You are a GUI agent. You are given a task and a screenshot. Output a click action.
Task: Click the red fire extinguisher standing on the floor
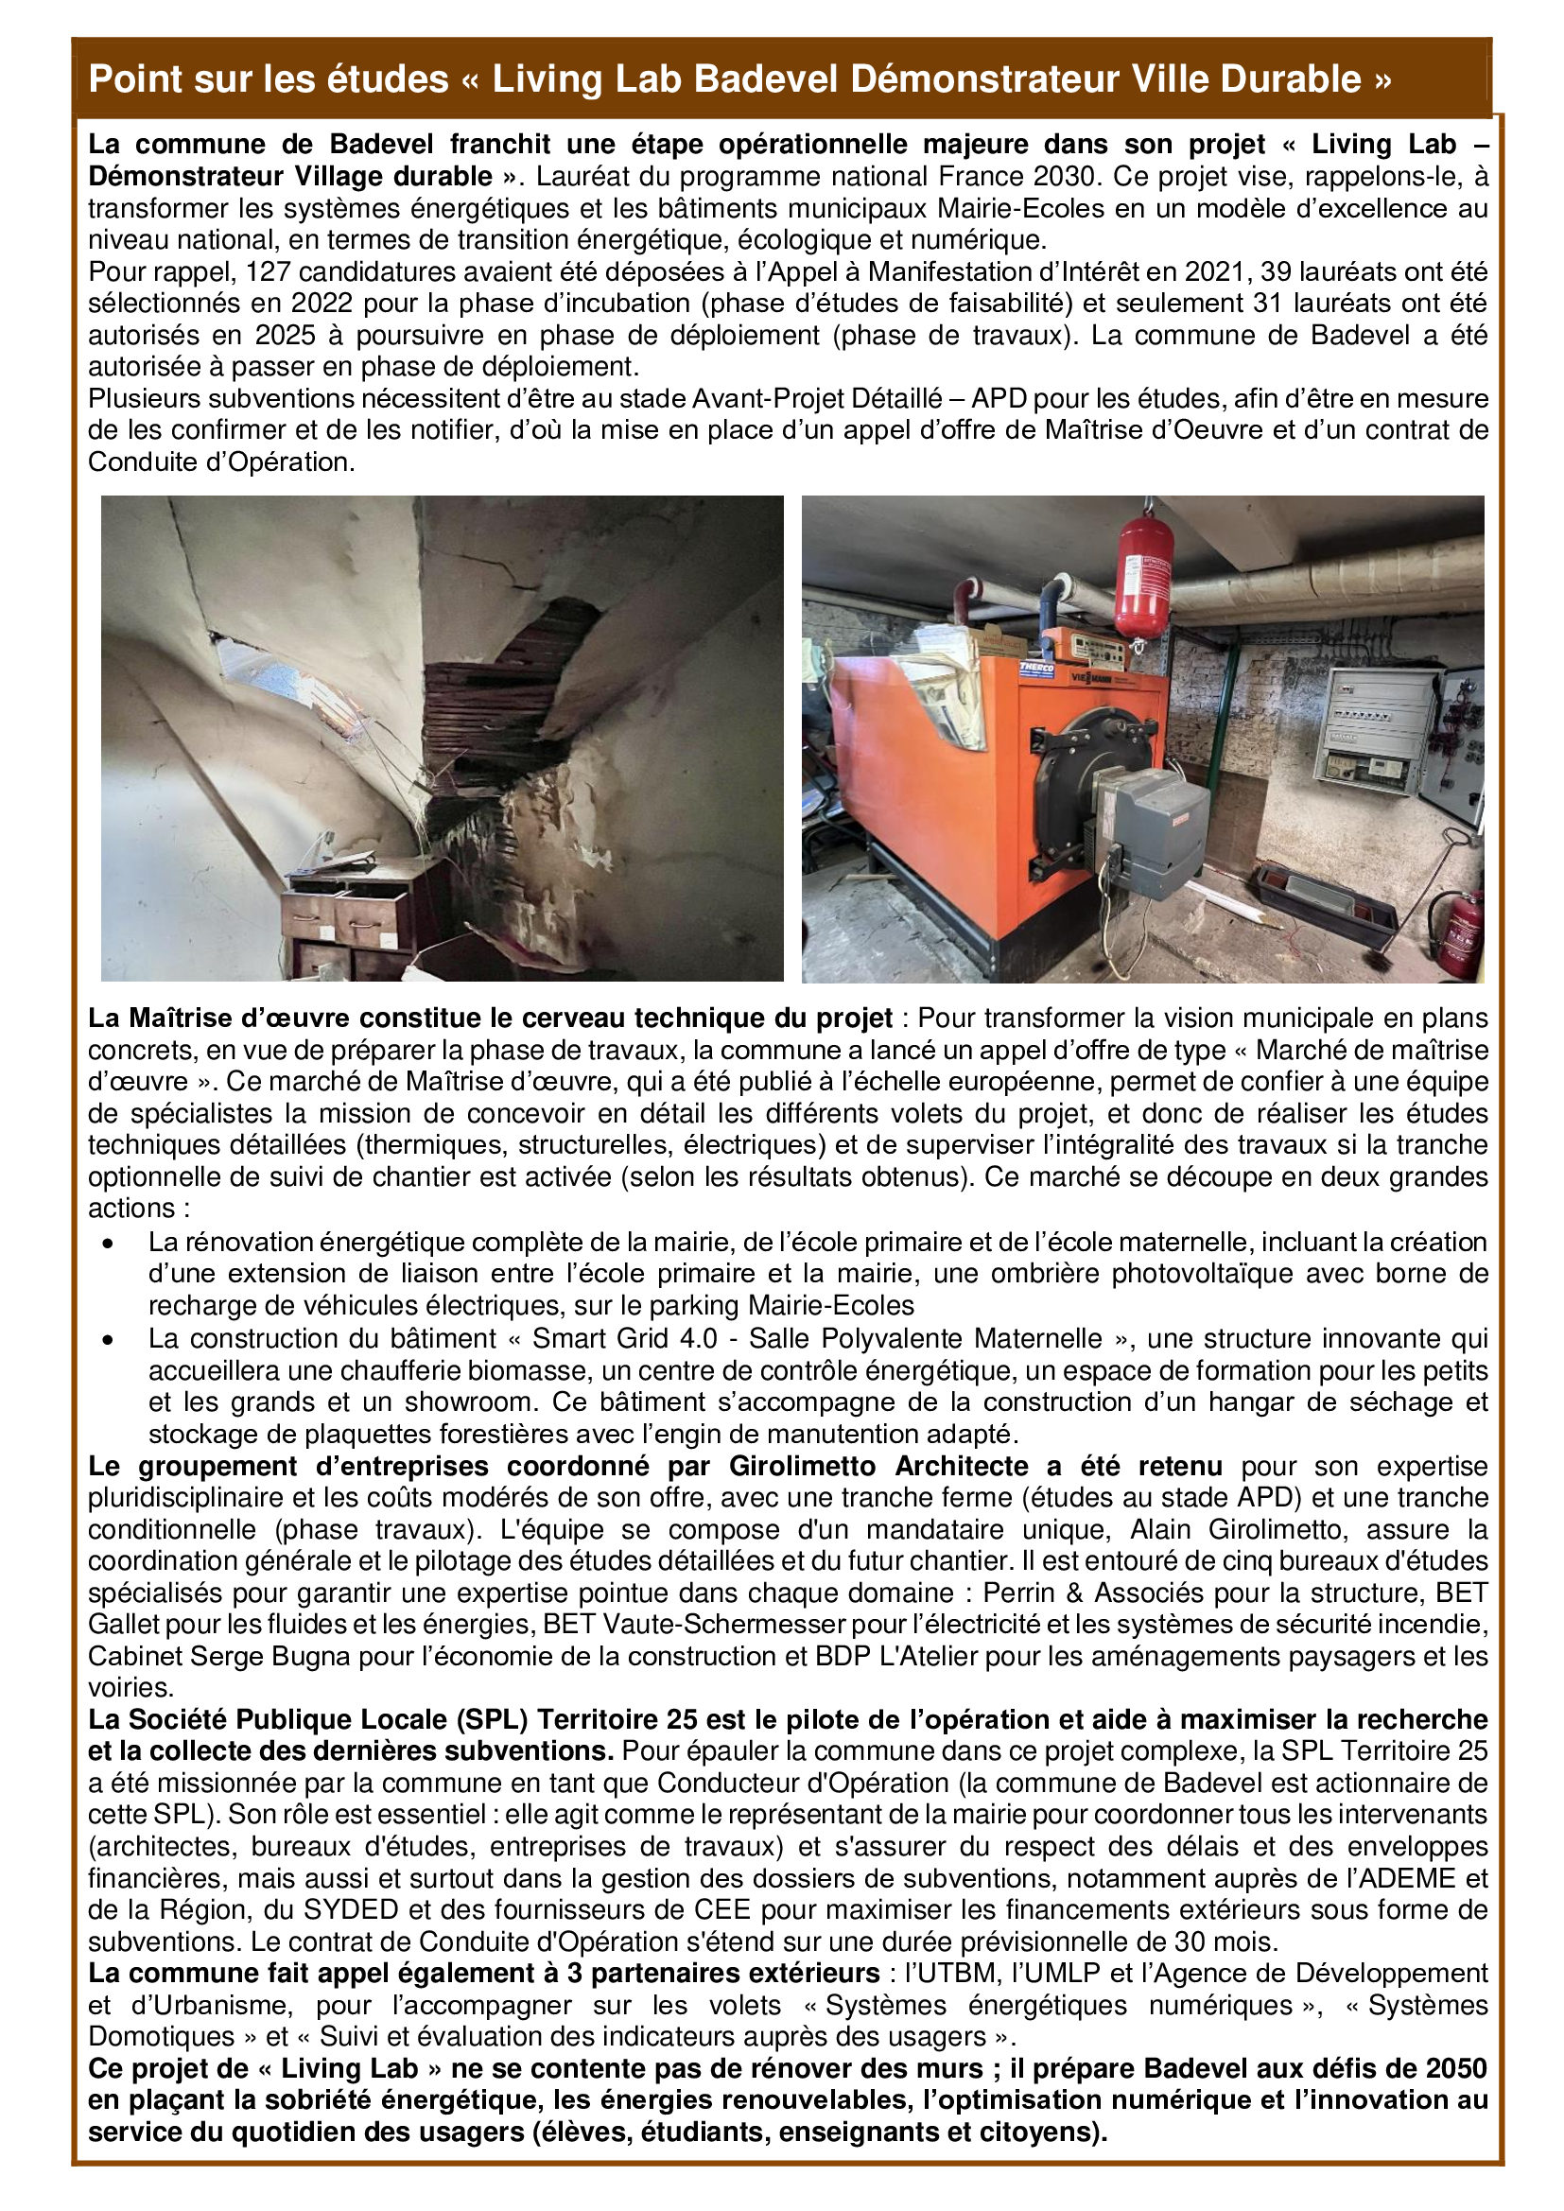(x=1463, y=931)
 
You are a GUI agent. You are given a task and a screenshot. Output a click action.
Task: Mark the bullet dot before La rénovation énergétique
(x=109, y=1245)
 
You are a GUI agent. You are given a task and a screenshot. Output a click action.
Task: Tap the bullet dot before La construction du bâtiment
(x=109, y=1339)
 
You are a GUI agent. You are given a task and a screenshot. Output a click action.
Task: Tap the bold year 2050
(x=1454, y=2069)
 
